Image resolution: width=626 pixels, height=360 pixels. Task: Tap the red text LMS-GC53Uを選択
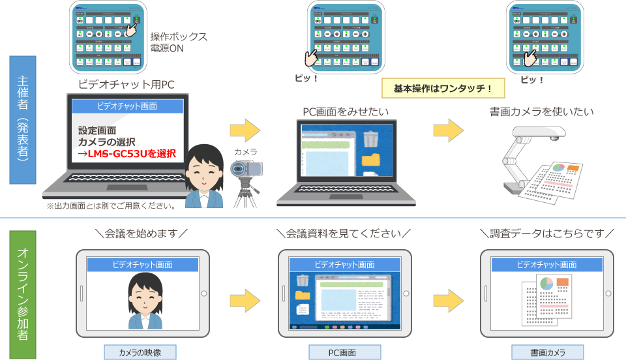[132, 154]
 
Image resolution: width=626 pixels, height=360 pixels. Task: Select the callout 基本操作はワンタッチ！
[442, 87]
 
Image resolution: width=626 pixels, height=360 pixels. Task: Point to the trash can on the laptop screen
[370, 139]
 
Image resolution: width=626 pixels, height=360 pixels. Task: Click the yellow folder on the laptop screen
[370, 160]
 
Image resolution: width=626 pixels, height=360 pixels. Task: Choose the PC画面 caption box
[342, 353]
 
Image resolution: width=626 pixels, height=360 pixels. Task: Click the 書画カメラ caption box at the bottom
[546, 353]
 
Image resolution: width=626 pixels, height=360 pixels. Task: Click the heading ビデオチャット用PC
[126, 84]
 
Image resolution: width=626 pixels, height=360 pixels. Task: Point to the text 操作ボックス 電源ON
[179, 42]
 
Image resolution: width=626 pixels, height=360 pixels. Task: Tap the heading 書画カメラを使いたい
[541, 112]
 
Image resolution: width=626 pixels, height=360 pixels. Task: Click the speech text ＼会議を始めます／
[142, 233]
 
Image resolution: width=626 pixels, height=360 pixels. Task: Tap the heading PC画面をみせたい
[346, 112]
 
